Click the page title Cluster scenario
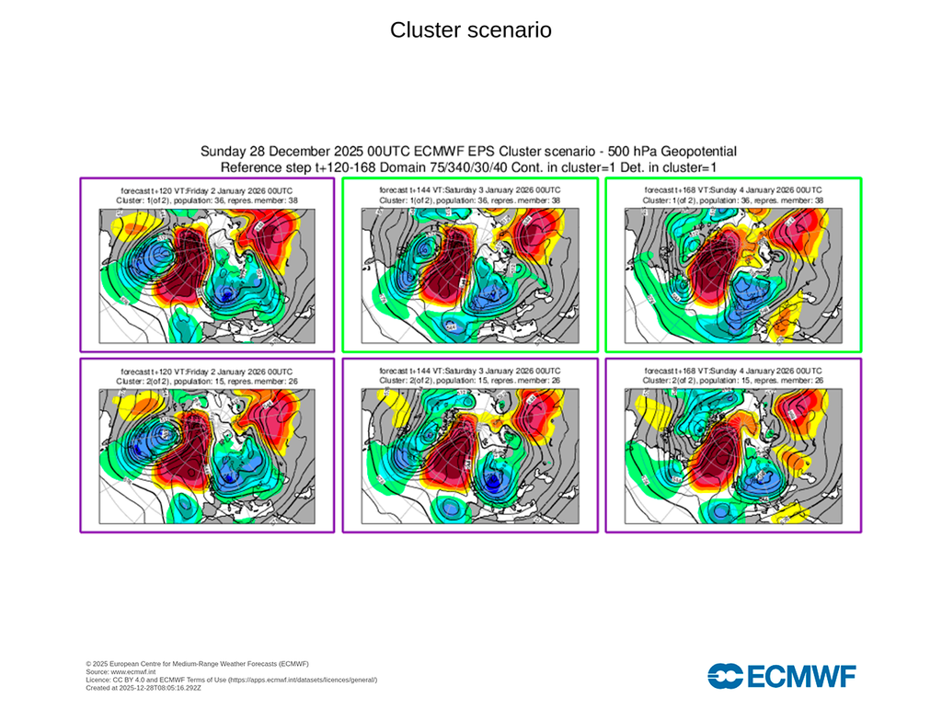point(470,30)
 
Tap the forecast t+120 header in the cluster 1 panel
point(207,189)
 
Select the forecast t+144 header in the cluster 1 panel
point(470,189)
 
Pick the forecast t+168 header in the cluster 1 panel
point(733,189)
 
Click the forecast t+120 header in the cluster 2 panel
point(207,370)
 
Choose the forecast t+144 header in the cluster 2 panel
point(470,370)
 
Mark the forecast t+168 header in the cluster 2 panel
point(733,370)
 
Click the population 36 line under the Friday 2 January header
point(207,200)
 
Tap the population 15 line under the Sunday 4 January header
point(733,380)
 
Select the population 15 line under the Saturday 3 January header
point(470,380)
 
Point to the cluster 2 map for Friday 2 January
point(207,454)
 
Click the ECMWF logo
point(781,676)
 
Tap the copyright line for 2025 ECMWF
point(197,664)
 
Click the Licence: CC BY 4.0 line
point(231,680)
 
